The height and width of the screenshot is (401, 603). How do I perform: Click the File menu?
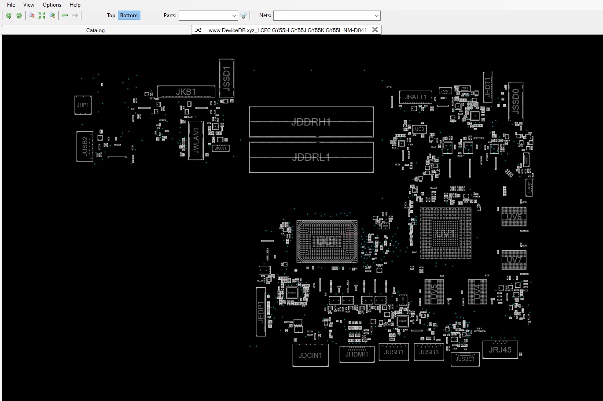coord(11,5)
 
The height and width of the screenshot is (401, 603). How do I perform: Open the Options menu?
coord(52,5)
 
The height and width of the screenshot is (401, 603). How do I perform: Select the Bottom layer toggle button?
coord(129,15)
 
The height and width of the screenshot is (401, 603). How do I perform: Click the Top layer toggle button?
coord(111,15)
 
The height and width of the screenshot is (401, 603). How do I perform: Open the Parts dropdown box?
coord(208,15)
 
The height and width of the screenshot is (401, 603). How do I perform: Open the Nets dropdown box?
coord(327,15)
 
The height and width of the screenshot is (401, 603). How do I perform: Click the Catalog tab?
coord(96,30)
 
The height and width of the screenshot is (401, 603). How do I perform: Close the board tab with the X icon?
coord(375,30)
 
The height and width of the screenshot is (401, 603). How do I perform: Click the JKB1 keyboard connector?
coord(186,92)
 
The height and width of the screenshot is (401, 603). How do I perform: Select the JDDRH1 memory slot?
coord(311,122)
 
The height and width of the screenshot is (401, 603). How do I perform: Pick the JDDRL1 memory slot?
coord(311,157)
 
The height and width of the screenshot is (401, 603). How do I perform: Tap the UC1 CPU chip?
coord(327,241)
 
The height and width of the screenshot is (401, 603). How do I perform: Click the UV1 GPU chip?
coord(445,233)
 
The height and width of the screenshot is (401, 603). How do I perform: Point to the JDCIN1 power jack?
coord(310,355)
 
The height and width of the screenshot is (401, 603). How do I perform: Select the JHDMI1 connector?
coord(357,354)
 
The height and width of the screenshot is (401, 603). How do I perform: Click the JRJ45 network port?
coord(500,350)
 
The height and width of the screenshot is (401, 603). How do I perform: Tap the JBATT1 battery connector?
coord(415,97)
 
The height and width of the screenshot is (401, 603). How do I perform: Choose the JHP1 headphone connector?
coord(83,105)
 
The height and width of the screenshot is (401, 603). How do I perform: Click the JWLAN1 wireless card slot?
coord(196,140)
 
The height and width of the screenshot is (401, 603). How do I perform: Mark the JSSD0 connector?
coord(515,101)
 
